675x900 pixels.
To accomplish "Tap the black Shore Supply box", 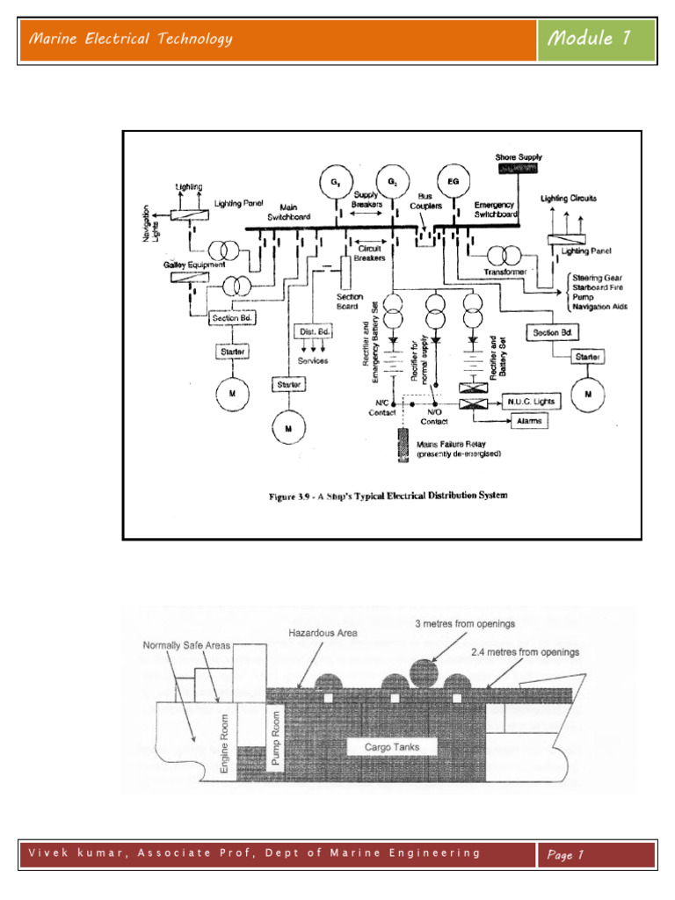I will pos(517,167).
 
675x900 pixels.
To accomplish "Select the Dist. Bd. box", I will pos(311,331).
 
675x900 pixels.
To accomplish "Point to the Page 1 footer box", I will pos(596,854).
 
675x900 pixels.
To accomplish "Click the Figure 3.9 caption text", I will pos(388,495).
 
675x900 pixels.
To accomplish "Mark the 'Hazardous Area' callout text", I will pos(322,633).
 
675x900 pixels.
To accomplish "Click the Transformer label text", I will pos(504,272).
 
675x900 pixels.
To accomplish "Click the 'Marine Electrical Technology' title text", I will pos(131,39).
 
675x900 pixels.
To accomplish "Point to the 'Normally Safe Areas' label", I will pos(186,644).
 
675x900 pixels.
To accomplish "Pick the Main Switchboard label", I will pos(275,208).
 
